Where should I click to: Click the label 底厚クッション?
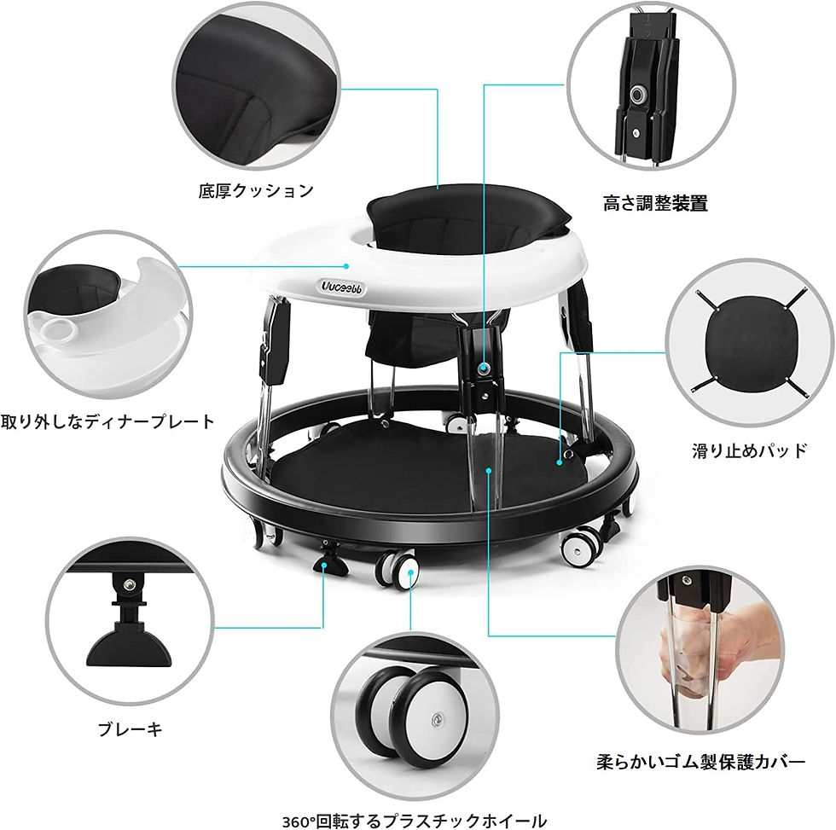pyautogui.click(x=256, y=190)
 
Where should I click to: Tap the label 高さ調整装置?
pyautogui.click(x=655, y=203)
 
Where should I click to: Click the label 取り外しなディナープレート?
pyautogui.click(x=107, y=421)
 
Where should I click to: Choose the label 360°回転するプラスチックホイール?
pyautogui.click(x=414, y=821)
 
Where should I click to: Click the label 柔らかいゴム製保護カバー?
pyautogui.click(x=700, y=762)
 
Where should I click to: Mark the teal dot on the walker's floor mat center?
pyautogui.click(x=490, y=467)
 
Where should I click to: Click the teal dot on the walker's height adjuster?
pyautogui.click(x=485, y=369)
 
